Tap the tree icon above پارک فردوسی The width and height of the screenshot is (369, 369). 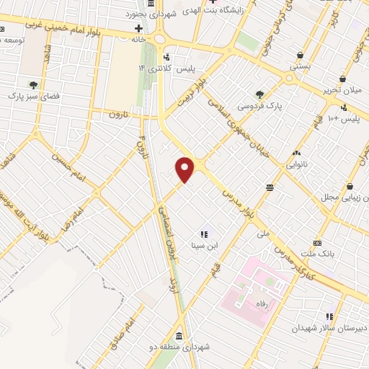click(x=259, y=94)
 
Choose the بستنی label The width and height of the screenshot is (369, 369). click(x=300, y=66)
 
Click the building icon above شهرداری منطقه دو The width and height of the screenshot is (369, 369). click(x=178, y=336)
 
